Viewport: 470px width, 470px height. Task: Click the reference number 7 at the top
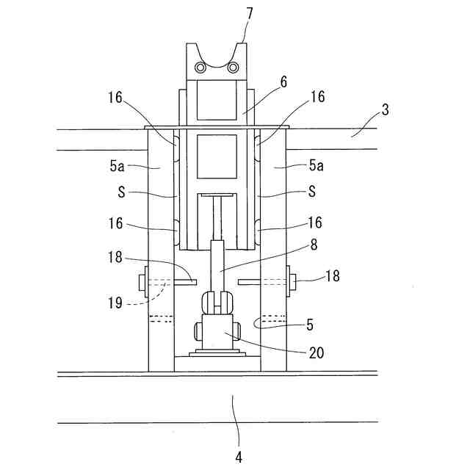click(x=250, y=14)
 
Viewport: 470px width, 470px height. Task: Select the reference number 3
click(x=385, y=109)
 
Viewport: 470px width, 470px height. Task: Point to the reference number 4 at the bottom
click(x=239, y=458)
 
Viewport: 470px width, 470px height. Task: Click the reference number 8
click(x=314, y=245)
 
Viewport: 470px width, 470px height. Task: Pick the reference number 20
click(x=317, y=352)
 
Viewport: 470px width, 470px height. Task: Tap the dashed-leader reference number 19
click(x=115, y=303)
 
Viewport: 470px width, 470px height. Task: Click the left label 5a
click(x=117, y=166)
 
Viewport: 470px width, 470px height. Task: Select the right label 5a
click(x=317, y=165)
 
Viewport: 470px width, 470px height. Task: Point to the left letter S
click(x=121, y=192)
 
